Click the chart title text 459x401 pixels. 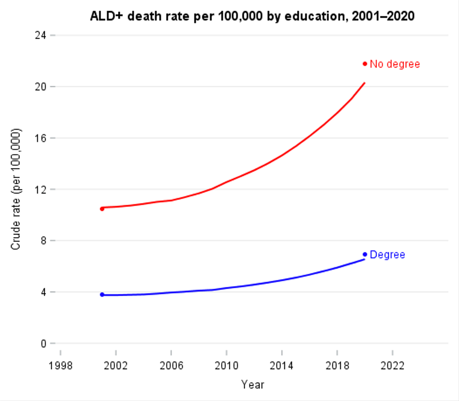252,16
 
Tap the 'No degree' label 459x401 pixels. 395,64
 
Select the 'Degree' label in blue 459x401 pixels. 387,255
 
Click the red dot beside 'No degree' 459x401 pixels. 365,64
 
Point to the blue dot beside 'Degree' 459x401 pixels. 365,254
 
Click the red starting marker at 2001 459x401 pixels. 102,209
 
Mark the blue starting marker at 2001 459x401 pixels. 102,294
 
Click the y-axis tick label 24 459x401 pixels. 40,35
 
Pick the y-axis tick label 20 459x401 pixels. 40,87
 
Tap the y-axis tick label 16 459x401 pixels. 40,138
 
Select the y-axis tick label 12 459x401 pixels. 40,189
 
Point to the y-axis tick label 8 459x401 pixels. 43,241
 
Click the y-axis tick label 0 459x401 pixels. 43,344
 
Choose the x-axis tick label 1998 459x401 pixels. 60,366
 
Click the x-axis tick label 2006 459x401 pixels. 171,366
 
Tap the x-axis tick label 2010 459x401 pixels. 226,366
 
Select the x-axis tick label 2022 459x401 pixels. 392,366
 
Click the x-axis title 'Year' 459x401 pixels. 253,385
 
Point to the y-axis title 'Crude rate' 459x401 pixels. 16,189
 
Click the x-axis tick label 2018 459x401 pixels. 337,366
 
